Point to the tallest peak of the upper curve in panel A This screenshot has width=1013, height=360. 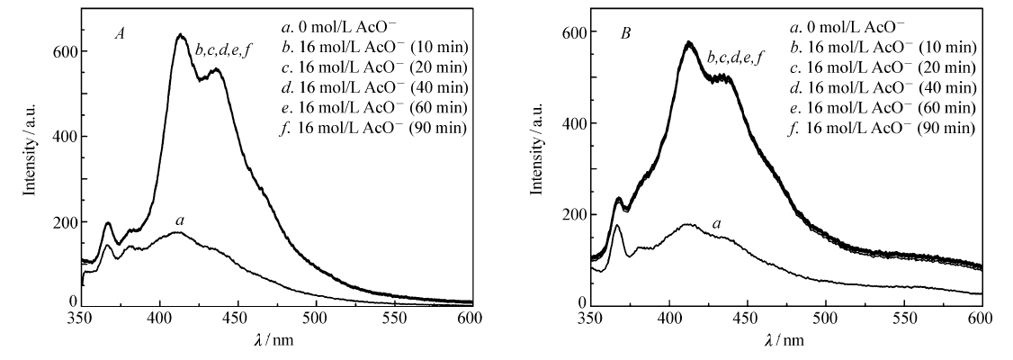(181, 36)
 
